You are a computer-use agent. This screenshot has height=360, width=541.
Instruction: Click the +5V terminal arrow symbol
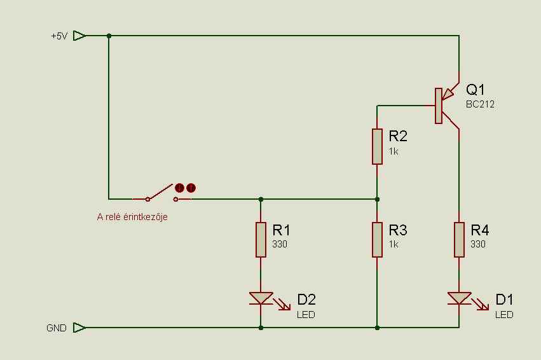[79, 36]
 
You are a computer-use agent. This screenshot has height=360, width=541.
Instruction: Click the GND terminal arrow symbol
[79, 328]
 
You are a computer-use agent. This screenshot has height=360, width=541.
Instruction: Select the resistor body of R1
[261, 240]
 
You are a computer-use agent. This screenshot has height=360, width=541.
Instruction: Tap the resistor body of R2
[377, 146]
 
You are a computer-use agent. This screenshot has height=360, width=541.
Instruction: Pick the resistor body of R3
[377, 240]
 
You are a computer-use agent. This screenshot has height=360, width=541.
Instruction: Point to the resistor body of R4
[459, 240]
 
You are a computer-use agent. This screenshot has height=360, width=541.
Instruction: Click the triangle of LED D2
[261, 298]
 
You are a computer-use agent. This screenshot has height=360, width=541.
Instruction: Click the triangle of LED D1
[459, 298]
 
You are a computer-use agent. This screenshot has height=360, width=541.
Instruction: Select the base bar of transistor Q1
[439, 106]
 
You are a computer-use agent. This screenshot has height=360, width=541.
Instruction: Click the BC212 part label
[480, 104]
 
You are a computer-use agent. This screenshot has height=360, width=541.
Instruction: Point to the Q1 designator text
[475, 90]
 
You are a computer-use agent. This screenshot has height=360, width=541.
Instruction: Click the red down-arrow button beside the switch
[179, 188]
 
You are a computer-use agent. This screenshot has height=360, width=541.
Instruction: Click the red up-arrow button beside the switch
[191, 188]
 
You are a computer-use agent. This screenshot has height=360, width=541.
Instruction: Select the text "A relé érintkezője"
[132, 217]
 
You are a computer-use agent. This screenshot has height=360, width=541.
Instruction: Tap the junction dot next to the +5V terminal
[109, 36]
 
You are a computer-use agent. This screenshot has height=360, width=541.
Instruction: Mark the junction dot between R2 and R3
[377, 199]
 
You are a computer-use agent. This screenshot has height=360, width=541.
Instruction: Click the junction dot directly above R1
[261, 199]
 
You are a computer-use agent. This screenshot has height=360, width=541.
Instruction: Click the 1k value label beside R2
[394, 151]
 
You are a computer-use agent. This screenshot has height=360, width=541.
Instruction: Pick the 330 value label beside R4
[478, 244]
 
